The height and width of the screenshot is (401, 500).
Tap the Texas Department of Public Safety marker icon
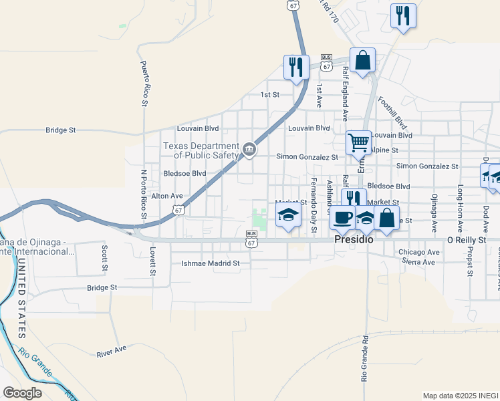click(x=249, y=150)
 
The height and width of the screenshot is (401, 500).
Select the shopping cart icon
click(x=358, y=142)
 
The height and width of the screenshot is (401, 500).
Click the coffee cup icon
click(x=342, y=219)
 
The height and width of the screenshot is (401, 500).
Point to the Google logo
click(x=22, y=392)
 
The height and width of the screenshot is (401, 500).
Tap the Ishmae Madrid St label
click(x=211, y=263)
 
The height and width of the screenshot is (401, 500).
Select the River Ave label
click(x=111, y=352)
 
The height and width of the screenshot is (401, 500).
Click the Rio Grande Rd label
click(x=365, y=358)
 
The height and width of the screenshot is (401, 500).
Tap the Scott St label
click(x=105, y=257)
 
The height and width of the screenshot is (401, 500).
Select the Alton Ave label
click(x=167, y=196)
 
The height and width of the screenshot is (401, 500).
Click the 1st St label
click(x=269, y=95)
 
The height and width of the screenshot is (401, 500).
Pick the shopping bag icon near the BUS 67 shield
click(x=362, y=60)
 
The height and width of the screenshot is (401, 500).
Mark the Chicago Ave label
click(x=419, y=252)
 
